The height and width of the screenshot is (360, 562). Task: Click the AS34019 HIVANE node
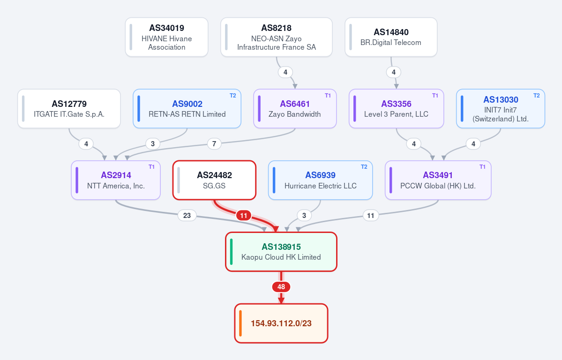[x=167, y=37]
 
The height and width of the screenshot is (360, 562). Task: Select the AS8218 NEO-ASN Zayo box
[x=277, y=37]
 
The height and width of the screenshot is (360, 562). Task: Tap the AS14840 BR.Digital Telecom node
[x=391, y=37]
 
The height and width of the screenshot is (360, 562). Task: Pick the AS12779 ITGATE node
[x=69, y=109]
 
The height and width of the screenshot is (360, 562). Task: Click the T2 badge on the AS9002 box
[x=233, y=96]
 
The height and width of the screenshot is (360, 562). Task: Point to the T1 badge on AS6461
[x=328, y=96]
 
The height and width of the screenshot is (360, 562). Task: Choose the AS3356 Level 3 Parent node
[x=397, y=109]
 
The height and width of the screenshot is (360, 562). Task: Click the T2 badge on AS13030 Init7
[x=537, y=96]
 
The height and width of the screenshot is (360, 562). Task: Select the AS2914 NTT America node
[x=116, y=180]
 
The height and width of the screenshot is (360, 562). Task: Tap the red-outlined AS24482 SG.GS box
[x=214, y=180]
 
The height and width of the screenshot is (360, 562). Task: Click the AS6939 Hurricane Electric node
[x=321, y=180]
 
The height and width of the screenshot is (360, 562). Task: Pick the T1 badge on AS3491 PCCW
[x=482, y=167]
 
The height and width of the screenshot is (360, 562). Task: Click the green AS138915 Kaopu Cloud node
[x=281, y=252]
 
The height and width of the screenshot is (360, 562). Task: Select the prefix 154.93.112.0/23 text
[x=281, y=323]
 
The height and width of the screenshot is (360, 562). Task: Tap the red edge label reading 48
[x=281, y=287]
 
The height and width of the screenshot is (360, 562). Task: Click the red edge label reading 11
[x=244, y=216]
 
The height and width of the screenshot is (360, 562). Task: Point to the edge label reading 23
[x=187, y=216]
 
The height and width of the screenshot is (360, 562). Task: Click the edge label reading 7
[x=214, y=144]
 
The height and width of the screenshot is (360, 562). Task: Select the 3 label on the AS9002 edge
[x=153, y=144]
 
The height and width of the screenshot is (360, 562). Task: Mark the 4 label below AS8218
[x=285, y=72]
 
